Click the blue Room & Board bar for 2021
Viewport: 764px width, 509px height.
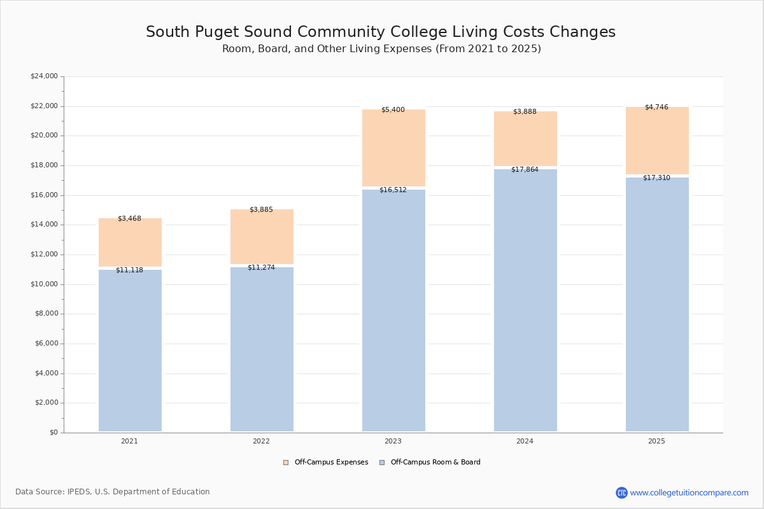[x=130, y=350]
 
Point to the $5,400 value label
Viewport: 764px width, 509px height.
[x=393, y=110]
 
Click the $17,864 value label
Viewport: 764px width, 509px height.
[x=525, y=170]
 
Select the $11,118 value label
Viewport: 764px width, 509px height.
[x=129, y=270]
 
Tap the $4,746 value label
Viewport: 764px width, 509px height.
[x=656, y=108]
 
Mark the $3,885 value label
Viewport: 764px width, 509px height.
[x=261, y=210]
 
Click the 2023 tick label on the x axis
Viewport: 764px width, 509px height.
[x=393, y=442]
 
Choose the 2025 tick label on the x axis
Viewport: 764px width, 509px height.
[x=656, y=442]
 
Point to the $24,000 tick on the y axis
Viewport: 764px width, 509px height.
[x=44, y=76]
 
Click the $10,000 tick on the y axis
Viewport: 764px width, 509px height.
[x=44, y=284]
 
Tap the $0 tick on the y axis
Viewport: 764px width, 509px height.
[x=53, y=433]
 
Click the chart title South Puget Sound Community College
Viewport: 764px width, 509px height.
[x=381, y=32]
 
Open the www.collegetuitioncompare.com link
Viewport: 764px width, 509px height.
[x=689, y=492]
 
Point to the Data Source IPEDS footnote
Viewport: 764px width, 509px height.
[x=113, y=492]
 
